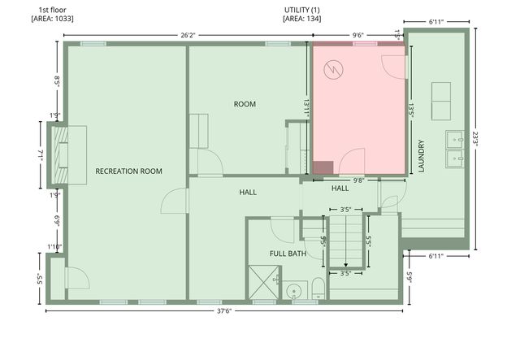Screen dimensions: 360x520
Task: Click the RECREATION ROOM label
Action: coord(128,171)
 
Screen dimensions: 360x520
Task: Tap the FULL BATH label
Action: coord(288,254)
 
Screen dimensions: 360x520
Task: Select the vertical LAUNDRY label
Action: coord(422,156)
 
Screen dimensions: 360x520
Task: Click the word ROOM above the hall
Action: coord(245,104)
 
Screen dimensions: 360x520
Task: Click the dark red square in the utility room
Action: coord(323,167)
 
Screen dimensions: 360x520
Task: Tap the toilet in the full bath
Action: coord(318,291)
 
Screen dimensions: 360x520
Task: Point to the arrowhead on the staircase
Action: coord(345,264)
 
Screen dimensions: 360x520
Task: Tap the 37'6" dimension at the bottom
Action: coord(223,310)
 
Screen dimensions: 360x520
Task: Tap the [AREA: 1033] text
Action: coord(52,18)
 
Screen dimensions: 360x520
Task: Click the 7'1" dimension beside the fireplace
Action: coord(40,154)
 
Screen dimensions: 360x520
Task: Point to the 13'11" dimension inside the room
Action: coord(305,106)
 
